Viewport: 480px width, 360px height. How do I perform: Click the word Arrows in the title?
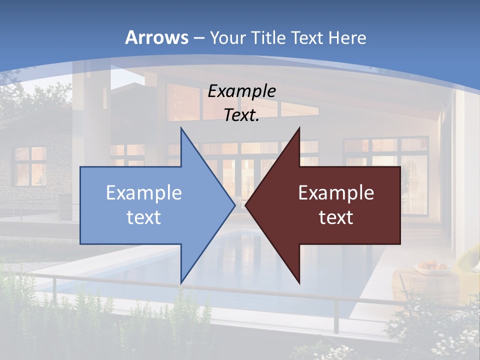tap(156, 37)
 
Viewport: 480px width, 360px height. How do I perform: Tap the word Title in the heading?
tap(267, 38)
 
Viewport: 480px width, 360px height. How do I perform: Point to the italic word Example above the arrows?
tap(241, 91)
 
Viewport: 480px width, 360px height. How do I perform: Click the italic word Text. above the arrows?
tap(241, 115)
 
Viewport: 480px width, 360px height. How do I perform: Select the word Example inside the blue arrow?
tap(144, 193)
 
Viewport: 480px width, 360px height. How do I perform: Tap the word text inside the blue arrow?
tap(144, 217)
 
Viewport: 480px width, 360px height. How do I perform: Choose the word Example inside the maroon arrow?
tap(336, 193)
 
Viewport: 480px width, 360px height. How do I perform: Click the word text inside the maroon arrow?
tap(336, 217)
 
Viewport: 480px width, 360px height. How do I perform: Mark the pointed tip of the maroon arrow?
tap(246, 205)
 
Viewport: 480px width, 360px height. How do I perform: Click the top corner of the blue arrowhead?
tap(181, 129)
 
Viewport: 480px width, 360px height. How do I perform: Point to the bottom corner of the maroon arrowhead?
tap(299, 283)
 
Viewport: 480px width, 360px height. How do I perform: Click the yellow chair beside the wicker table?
tap(470, 260)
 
